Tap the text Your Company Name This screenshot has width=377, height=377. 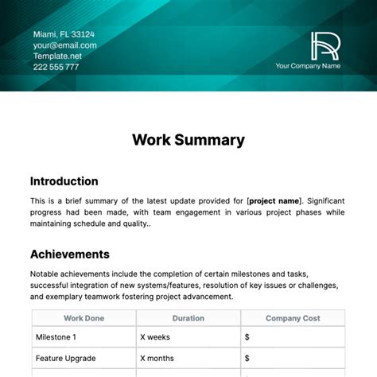(x=307, y=67)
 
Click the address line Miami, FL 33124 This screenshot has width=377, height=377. (x=63, y=34)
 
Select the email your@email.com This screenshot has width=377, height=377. (x=64, y=45)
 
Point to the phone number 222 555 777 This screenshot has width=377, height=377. (x=56, y=67)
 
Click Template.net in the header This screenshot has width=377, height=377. (x=57, y=56)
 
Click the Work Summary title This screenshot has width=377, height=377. (x=188, y=140)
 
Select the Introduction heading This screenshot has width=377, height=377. (x=64, y=181)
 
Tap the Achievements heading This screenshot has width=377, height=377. (x=70, y=255)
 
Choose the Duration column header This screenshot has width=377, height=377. (x=188, y=318)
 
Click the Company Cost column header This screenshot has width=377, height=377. (x=293, y=318)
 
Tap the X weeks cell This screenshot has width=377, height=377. (x=157, y=336)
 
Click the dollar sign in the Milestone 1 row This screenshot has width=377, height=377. (x=247, y=336)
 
